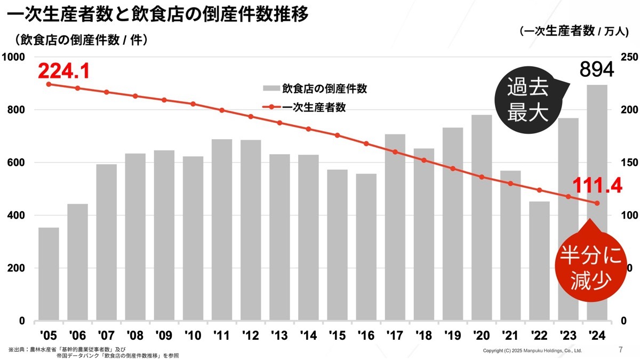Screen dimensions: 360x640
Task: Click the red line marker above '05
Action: pos(49,84)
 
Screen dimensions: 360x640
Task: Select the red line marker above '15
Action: pos(337,135)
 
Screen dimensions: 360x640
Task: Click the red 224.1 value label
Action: pos(63,70)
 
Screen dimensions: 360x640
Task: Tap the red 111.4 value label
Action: pos(597,186)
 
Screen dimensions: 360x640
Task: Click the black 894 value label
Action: pos(597,69)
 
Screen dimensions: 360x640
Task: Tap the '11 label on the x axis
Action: pos(221,334)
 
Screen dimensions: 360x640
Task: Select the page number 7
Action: pos(620,350)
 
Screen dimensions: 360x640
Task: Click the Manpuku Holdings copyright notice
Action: pos(532,351)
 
